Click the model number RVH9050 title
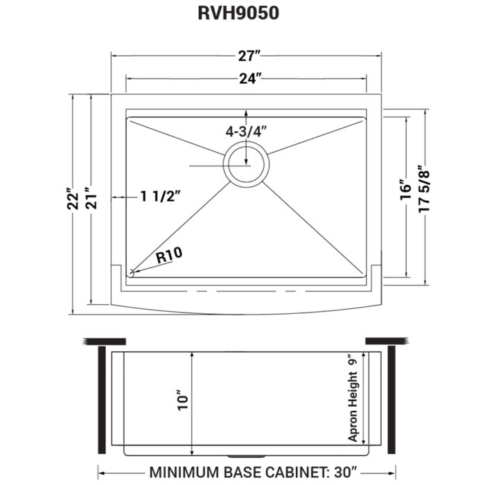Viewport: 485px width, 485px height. [x=242, y=15]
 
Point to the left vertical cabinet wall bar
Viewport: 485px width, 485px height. [x=99, y=398]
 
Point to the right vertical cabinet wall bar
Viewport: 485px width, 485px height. [x=391, y=398]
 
